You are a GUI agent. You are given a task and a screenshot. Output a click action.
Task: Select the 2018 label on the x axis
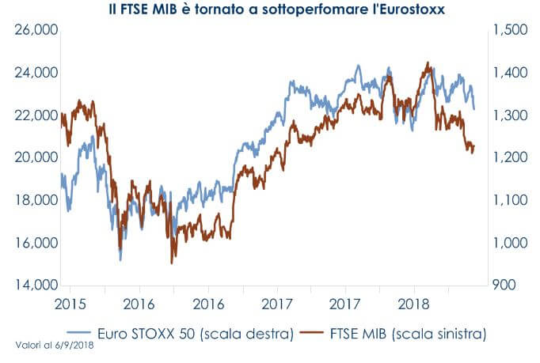(x=415, y=304)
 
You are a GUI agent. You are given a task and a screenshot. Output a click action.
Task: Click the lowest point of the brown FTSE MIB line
(x=172, y=263)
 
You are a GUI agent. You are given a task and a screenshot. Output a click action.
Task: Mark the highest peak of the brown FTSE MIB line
(x=428, y=62)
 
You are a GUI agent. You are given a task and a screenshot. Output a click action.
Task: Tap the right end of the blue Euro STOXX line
(x=474, y=109)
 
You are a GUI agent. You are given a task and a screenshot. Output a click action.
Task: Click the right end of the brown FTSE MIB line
(x=474, y=149)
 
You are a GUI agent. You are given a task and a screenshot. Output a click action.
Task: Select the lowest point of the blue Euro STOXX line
(x=120, y=259)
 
